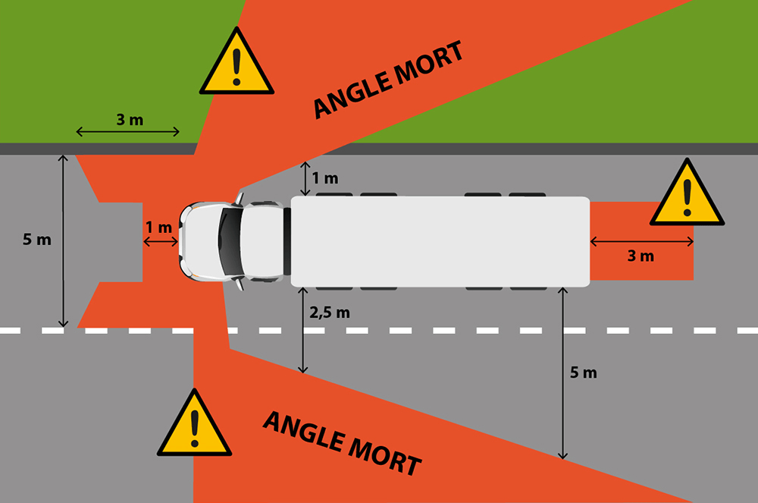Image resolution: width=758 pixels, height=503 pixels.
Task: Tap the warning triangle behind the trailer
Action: click(687, 196)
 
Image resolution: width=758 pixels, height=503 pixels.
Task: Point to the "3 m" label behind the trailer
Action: click(641, 256)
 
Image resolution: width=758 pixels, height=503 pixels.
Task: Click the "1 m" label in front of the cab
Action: click(159, 227)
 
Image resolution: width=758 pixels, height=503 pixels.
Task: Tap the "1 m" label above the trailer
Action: click(325, 178)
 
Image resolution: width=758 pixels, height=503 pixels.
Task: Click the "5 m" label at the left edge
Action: click(37, 240)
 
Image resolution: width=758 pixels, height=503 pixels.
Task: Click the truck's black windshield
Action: click(228, 240)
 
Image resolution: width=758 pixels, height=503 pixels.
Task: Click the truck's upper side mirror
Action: click(240, 199)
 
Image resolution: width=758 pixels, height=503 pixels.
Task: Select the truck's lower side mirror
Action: click(240, 282)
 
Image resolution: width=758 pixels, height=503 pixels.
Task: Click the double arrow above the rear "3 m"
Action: click(642, 242)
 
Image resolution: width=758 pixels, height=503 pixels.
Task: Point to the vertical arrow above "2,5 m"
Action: click(303, 330)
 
